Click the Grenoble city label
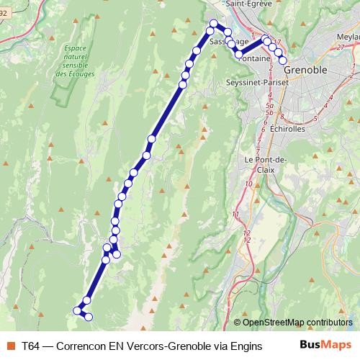[306, 71]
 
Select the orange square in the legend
[10, 345]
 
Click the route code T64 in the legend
[31, 345]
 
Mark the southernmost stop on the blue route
[89, 317]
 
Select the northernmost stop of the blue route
[213, 24]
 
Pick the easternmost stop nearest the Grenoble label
[283, 60]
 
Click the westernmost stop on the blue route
[77, 310]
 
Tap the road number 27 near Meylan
[339, 46]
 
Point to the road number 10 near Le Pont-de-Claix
[248, 184]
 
